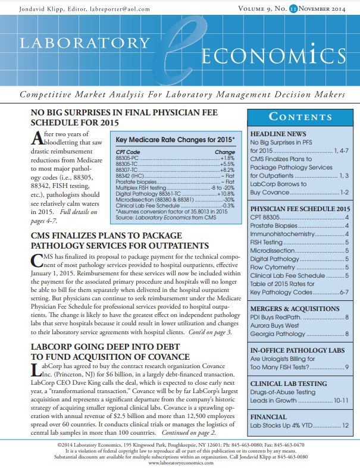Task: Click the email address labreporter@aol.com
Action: (x=129, y=9)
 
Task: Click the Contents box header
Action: (x=301, y=117)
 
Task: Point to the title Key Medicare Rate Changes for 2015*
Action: (x=175, y=140)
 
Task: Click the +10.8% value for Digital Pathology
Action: (x=226, y=194)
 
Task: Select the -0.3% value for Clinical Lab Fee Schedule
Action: (x=228, y=205)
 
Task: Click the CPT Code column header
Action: (x=129, y=152)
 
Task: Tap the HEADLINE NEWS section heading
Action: (x=278, y=134)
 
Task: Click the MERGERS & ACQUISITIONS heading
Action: (x=295, y=309)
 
